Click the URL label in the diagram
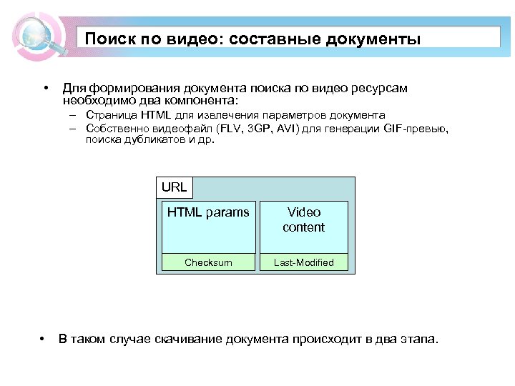pos(174,187)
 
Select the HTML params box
pos(208,226)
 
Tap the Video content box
pos(303,226)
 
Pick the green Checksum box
pos(208,262)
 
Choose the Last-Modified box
pos(303,262)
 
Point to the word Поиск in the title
pos(107,39)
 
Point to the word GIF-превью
pos(416,129)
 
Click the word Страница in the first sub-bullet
pos(110,115)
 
